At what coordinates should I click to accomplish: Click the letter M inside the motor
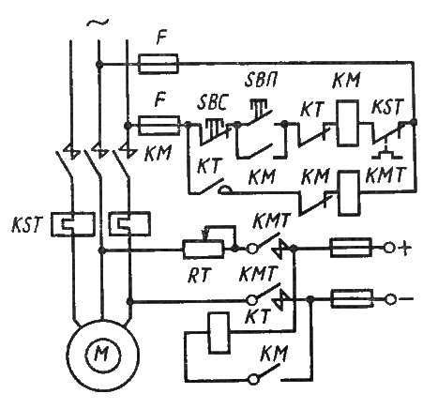click(101, 355)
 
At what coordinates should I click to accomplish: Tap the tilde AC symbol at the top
click(98, 23)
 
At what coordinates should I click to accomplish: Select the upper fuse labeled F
click(159, 64)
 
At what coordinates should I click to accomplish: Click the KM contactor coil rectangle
click(347, 123)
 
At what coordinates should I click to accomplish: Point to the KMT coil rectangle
click(350, 192)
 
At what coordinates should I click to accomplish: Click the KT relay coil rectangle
click(219, 333)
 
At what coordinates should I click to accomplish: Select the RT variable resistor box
click(204, 250)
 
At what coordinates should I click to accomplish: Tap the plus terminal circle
click(389, 248)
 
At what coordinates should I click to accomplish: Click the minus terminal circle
click(389, 299)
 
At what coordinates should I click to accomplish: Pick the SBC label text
click(212, 103)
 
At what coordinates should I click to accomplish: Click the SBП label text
click(261, 82)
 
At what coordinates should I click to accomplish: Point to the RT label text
click(199, 276)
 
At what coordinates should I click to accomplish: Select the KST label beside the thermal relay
click(26, 223)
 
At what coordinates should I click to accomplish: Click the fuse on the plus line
click(351, 248)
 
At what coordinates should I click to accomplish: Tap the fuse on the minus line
click(352, 299)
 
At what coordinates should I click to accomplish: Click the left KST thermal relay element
click(73, 224)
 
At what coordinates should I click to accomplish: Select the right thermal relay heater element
click(129, 223)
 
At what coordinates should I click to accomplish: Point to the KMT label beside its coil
click(385, 175)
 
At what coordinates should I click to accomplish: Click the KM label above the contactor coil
click(347, 81)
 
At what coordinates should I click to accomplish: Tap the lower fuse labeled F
click(159, 126)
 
